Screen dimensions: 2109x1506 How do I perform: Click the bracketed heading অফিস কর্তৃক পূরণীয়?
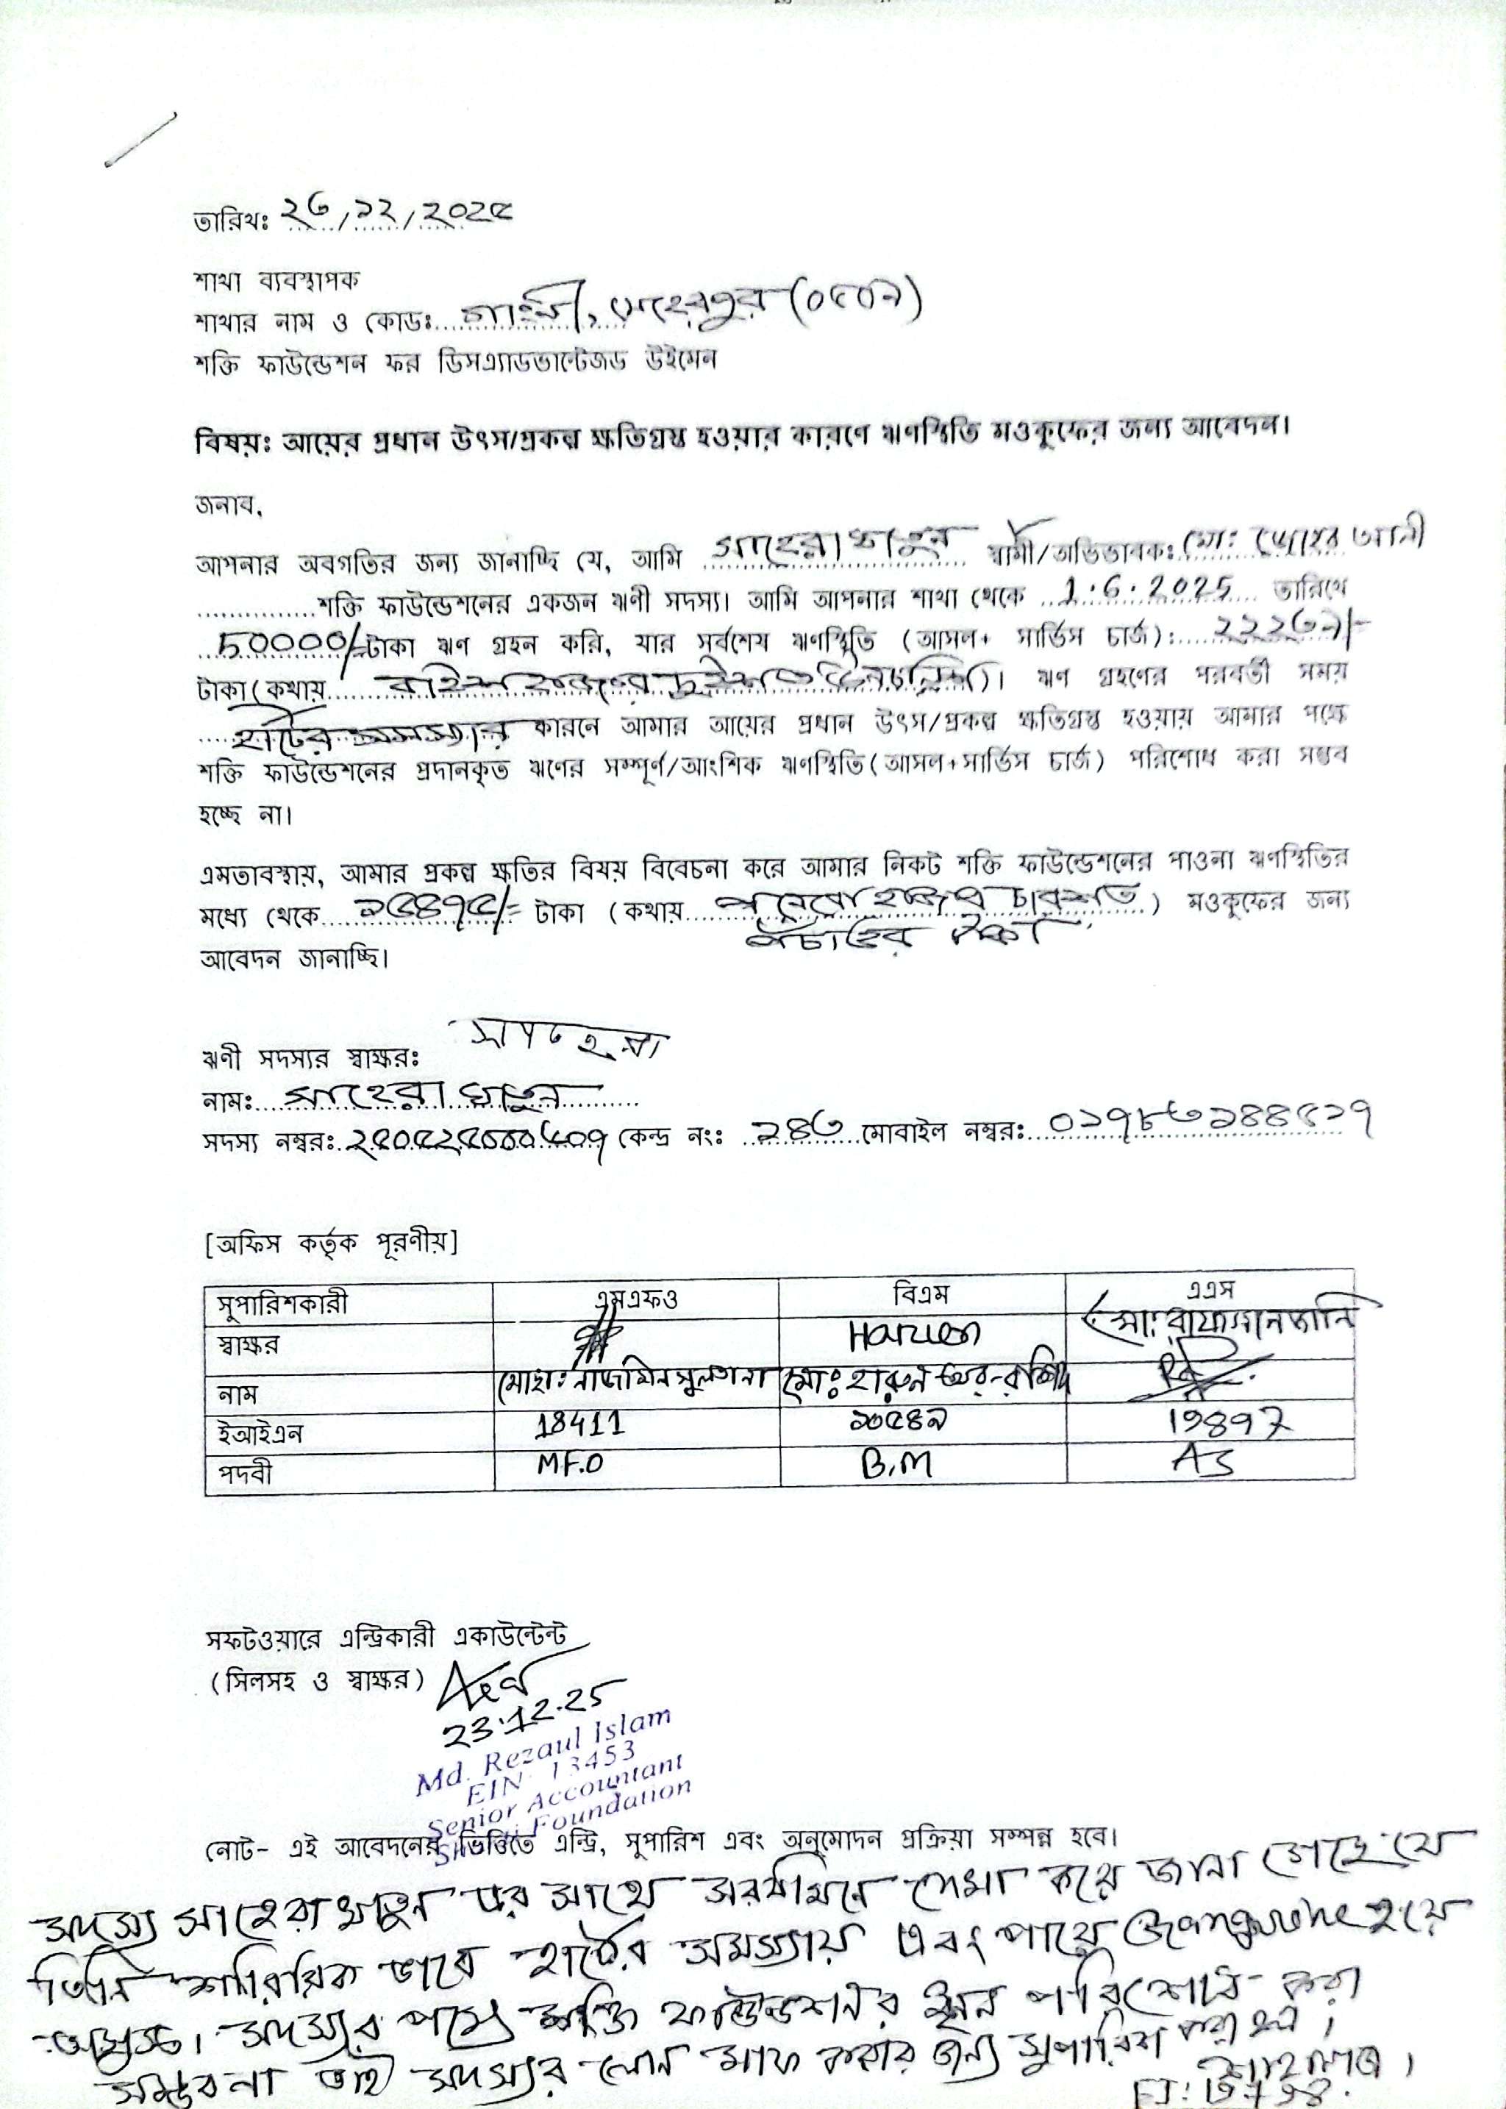(x=330, y=1242)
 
